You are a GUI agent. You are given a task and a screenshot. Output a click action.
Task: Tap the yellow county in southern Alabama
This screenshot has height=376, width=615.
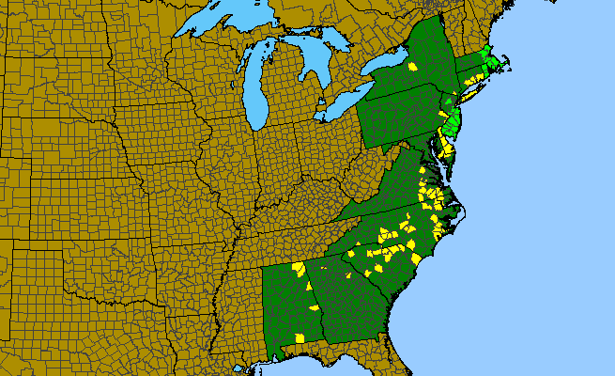tap(300, 337)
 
